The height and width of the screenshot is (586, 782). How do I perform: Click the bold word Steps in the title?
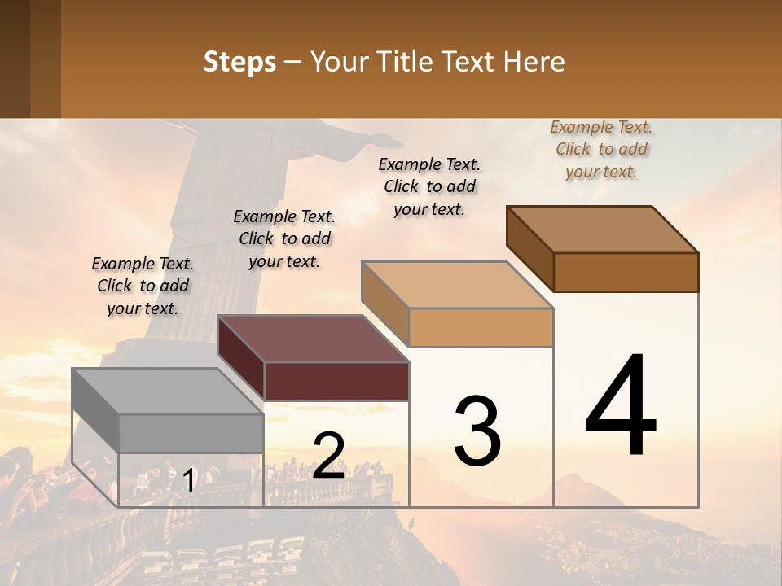(239, 62)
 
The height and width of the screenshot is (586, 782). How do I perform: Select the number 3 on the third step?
(477, 431)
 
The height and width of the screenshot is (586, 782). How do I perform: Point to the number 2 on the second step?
(328, 455)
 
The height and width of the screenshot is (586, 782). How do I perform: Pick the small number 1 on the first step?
(189, 480)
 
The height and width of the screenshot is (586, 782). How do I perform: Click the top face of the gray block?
(167, 391)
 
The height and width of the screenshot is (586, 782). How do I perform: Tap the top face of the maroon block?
(313, 339)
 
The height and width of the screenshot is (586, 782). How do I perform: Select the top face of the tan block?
(457, 285)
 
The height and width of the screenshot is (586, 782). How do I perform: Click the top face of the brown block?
(602, 230)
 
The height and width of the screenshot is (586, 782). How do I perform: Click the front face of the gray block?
(191, 433)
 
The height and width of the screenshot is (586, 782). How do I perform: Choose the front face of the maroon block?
(336, 381)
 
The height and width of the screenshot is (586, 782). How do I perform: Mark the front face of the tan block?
(481, 327)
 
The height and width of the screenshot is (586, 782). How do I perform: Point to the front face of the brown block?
(626, 272)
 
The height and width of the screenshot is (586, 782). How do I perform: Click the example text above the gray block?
(143, 286)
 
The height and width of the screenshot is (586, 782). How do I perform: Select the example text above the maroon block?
(284, 238)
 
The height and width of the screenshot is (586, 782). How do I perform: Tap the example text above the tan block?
(429, 186)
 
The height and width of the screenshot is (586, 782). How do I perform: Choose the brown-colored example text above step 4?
(601, 149)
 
